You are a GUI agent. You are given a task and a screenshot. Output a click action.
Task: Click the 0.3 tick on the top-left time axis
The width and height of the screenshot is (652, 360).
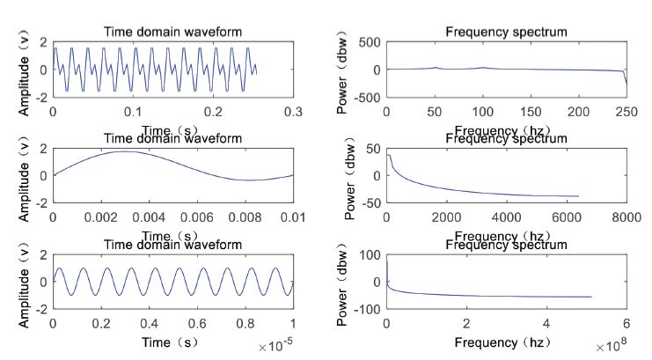tap(293, 112)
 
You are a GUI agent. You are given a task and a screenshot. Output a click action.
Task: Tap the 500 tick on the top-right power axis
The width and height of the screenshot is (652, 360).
tap(370, 42)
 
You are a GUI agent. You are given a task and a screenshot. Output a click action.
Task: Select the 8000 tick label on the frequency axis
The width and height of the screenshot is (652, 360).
tap(626, 217)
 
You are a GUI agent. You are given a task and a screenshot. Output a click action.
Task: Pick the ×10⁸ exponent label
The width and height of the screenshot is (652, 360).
tap(609, 347)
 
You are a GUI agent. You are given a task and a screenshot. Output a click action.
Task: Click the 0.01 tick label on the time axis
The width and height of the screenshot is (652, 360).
tap(293, 217)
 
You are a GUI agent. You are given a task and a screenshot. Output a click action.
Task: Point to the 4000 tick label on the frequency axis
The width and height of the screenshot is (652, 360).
tap(506, 217)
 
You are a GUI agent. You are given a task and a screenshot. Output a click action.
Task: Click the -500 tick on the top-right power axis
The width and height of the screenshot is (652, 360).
tap(368, 98)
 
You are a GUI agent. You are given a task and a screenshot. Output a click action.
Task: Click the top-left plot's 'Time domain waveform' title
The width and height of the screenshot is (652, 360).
tap(172, 32)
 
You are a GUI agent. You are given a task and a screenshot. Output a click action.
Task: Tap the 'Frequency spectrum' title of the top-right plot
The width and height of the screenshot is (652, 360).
tap(506, 32)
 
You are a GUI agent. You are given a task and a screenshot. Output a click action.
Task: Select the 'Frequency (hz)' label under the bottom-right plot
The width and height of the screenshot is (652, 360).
tap(505, 342)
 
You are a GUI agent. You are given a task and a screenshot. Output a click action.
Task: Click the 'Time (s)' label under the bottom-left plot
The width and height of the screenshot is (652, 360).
tap(172, 342)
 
